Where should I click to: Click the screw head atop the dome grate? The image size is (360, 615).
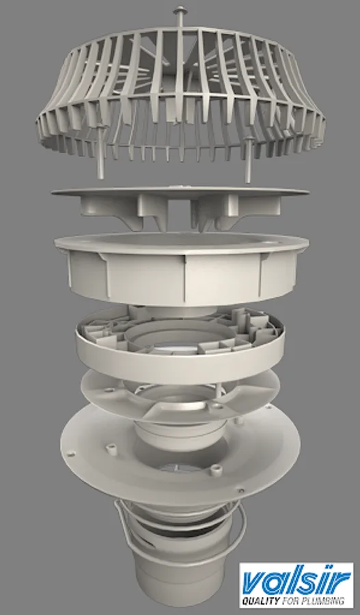click(181, 9)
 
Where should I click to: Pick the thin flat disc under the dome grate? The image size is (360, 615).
click(180, 192)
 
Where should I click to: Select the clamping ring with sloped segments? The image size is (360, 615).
click(180, 396)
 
